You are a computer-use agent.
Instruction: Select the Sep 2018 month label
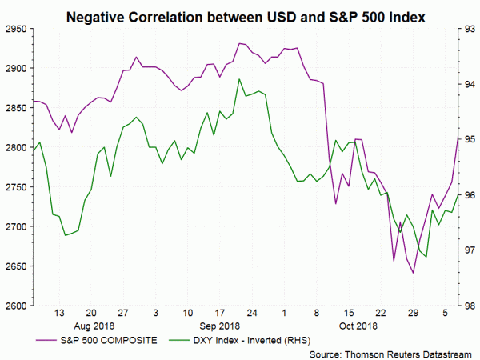click(218, 326)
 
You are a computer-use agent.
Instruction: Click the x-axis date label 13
click(59, 313)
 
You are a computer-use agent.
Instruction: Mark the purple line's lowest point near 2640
click(414, 273)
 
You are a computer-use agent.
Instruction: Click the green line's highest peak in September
click(240, 78)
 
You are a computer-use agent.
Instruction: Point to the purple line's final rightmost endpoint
click(458, 138)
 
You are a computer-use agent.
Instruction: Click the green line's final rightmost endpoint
click(458, 194)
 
